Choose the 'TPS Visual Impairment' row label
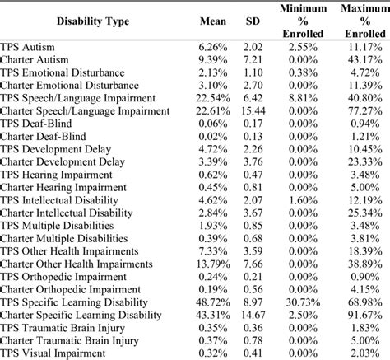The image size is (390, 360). coord(57,353)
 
